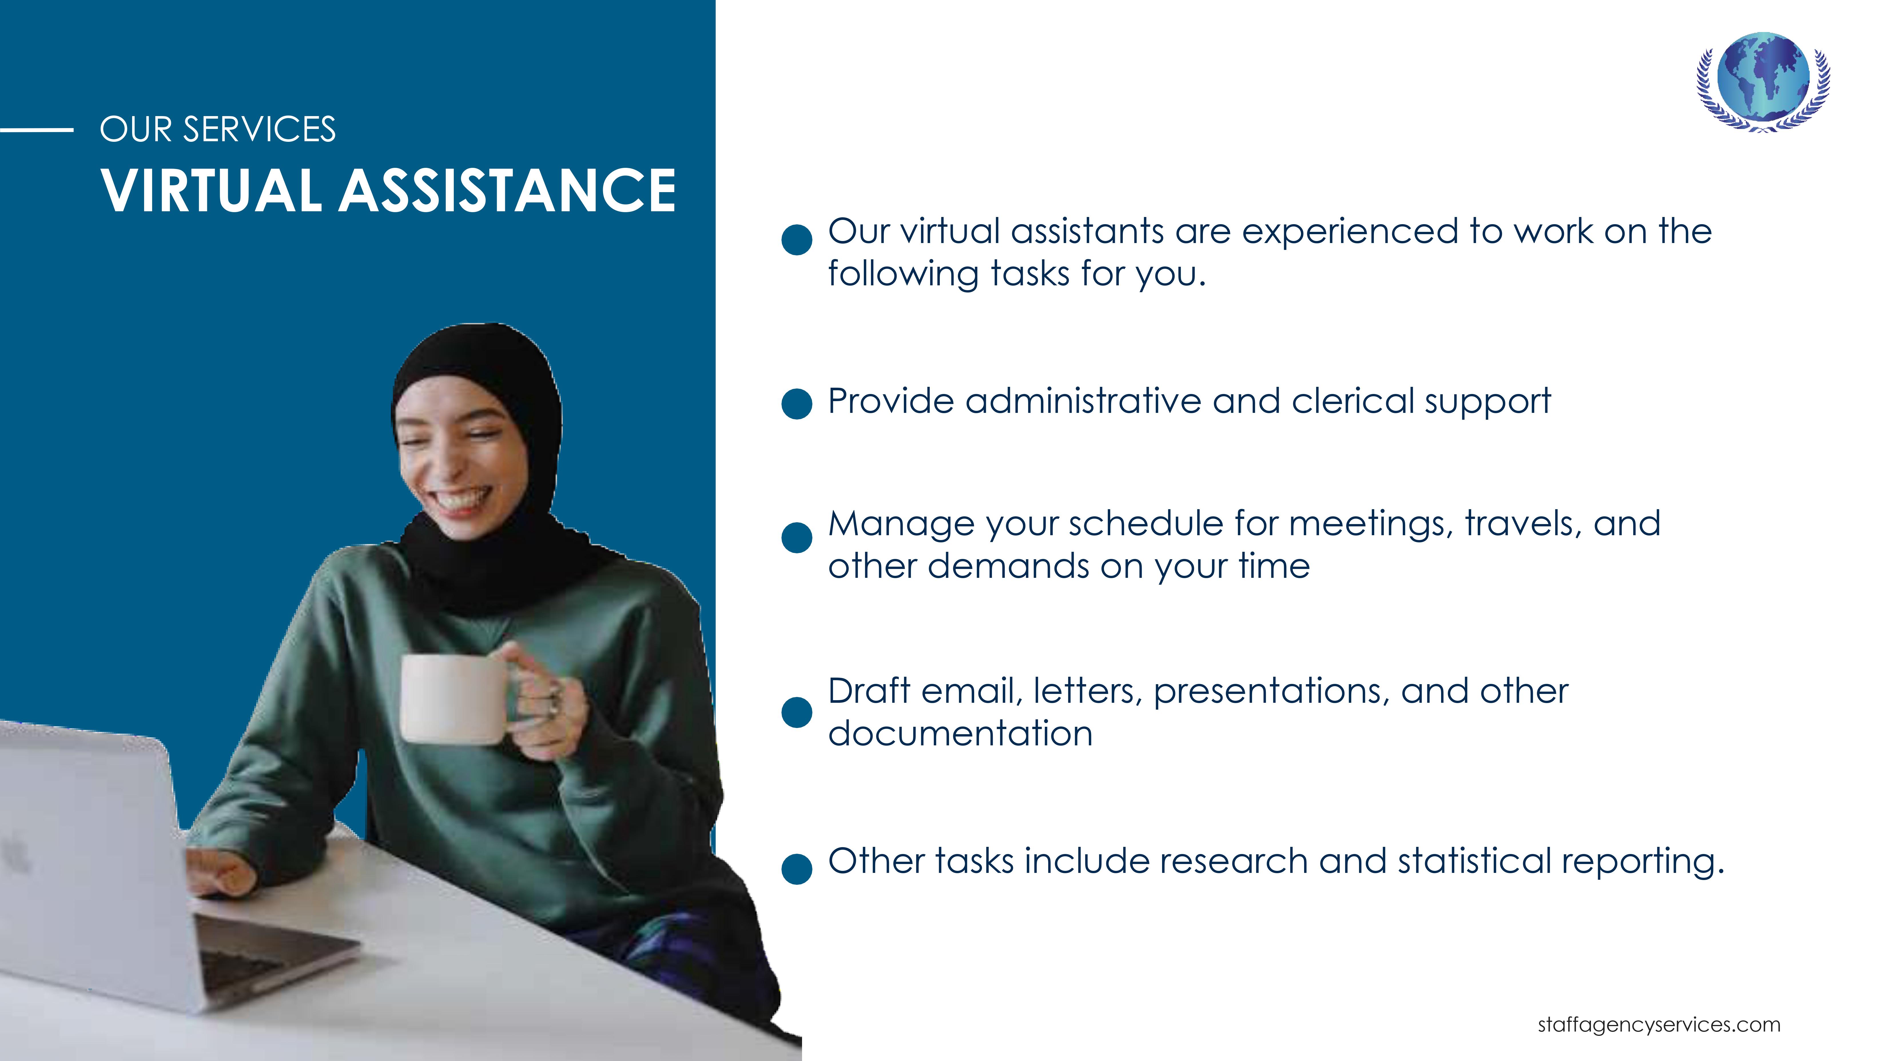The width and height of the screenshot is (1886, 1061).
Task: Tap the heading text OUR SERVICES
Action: pos(217,130)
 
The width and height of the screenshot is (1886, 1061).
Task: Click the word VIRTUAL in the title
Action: pos(211,190)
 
